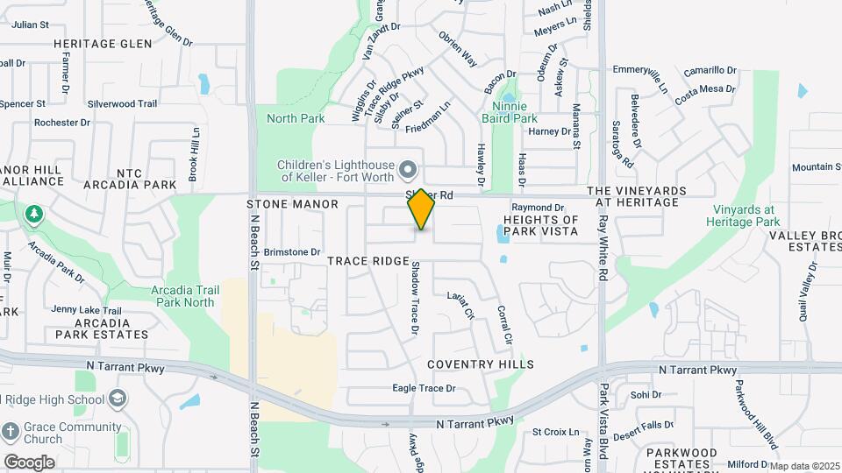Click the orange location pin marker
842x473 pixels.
421,208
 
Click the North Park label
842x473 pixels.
296,118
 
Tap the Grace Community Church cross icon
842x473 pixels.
11,432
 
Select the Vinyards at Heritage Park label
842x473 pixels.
743,215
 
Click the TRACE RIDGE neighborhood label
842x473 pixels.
369,261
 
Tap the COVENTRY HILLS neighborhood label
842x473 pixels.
481,364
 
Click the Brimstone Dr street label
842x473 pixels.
292,252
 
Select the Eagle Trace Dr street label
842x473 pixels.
424,388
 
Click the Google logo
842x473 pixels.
29,462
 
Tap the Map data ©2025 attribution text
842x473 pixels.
804,466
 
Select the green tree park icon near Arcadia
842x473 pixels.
33,214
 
